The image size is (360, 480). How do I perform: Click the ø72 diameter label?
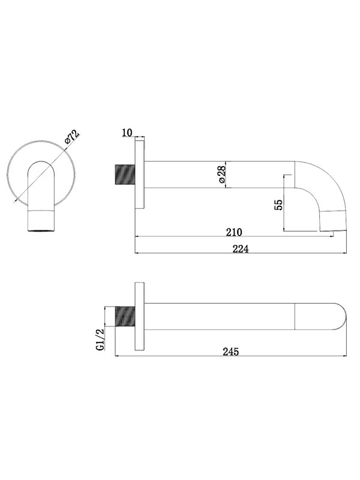pos(72,137)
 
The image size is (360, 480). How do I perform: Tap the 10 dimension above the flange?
pos(127,133)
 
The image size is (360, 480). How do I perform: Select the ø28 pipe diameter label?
pos(222,174)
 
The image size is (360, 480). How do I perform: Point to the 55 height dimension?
pos(278,205)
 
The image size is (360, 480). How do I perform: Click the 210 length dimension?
pos(234,232)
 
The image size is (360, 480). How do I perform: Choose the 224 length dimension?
pos(241,249)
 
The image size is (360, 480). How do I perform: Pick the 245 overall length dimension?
pos(230,352)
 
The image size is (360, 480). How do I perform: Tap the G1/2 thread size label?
pos(100,339)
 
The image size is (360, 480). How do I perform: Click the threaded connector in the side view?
pos(125,175)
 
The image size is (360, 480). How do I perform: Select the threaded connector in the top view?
pos(125,316)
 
